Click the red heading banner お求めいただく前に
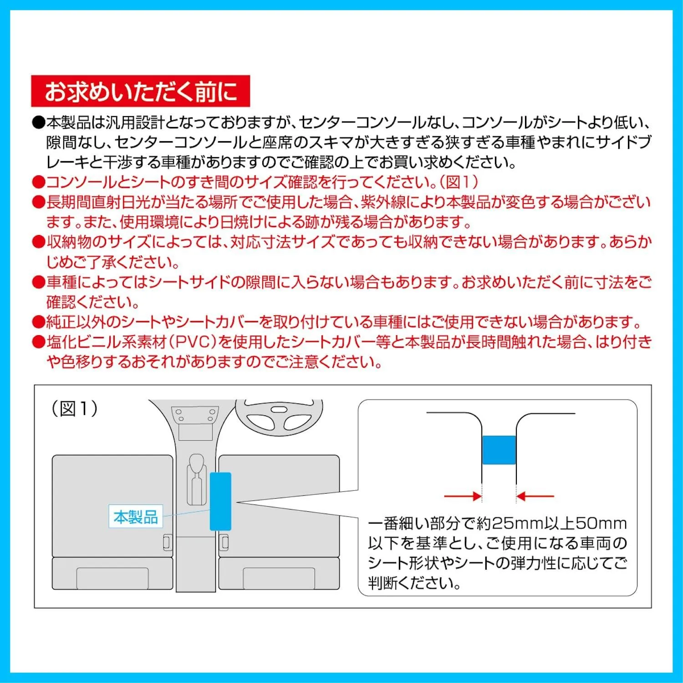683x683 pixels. coord(140,91)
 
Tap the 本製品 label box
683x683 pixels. coord(135,516)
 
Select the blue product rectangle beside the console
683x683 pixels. coord(220,501)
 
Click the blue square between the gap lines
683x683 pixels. coord(499,450)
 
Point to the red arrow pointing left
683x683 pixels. coord(535,496)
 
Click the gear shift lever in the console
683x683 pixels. coord(197,478)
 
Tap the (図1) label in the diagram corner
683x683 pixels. coord(74,408)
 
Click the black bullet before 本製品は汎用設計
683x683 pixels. coord(38,123)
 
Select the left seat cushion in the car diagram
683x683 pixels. coord(112,505)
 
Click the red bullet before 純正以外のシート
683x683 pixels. coord(38,323)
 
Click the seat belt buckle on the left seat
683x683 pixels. coord(168,542)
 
